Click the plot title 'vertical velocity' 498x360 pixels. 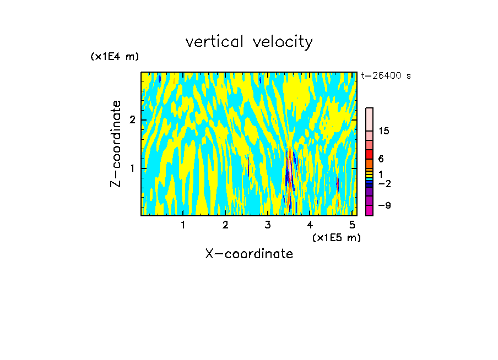coord(249,42)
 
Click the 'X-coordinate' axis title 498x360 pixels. coord(249,254)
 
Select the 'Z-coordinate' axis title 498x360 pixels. coord(116,144)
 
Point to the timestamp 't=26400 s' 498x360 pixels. coord(386,76)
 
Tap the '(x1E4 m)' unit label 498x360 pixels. coord(115,56)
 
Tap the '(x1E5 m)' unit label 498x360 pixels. coord(336,237)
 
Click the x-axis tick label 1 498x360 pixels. coord(183,225)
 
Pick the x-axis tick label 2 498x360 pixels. coord(225,225)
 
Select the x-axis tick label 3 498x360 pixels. coord(268,225)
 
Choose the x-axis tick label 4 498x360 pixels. coord(310,225)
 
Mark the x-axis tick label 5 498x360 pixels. coord(352,225)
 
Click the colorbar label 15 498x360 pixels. coord(384,131)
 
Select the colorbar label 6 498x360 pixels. coord(381,159)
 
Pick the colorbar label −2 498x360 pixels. coord(384,184)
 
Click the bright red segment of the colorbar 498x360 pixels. coord(369,154)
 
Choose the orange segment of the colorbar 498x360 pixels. coord(369,163)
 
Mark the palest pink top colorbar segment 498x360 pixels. coord(369,119)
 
